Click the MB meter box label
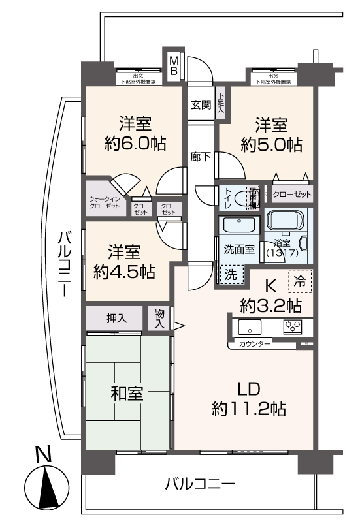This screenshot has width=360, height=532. [174, 65]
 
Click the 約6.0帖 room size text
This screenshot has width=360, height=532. [135, 144]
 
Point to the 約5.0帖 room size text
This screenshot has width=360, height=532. [271, 144]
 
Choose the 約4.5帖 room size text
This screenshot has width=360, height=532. [123, 271]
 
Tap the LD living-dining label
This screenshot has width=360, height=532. [249, 388]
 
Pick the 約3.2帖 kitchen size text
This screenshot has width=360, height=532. [270, 304]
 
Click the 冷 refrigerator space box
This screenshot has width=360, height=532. [300, 281]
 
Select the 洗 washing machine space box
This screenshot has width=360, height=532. [231, 275]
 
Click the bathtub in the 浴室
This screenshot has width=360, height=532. [288, 223]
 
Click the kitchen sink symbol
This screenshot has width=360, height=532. [249, 326]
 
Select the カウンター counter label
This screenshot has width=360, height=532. [255, 343]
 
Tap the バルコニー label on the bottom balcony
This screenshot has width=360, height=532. [199, 484]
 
